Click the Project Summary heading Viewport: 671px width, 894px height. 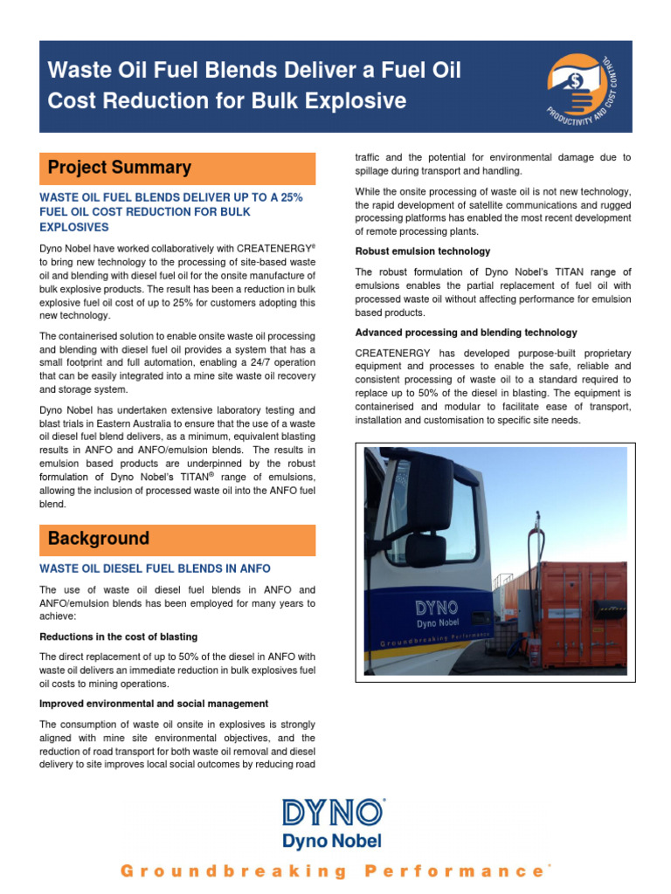pyautogui.click(x=119, y=168)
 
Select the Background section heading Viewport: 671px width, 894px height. pyautogui.click(x=98, y=539)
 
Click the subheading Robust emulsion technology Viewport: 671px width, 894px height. pyautogui.click(x=423, y=251)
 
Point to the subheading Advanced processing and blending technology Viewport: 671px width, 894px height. pyautogui.click(x=466, y=333)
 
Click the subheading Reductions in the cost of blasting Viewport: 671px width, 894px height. pyautogui.click(x=119, y=636)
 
